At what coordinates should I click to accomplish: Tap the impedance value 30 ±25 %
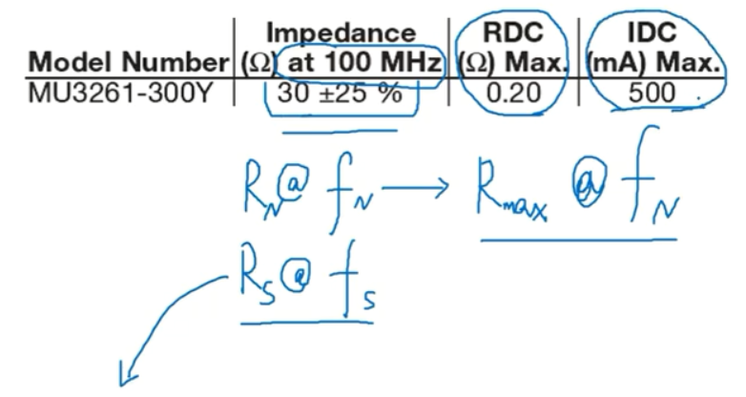[339, 94]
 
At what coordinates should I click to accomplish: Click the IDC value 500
[653, 93]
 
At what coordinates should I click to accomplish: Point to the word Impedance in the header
[341, 34]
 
